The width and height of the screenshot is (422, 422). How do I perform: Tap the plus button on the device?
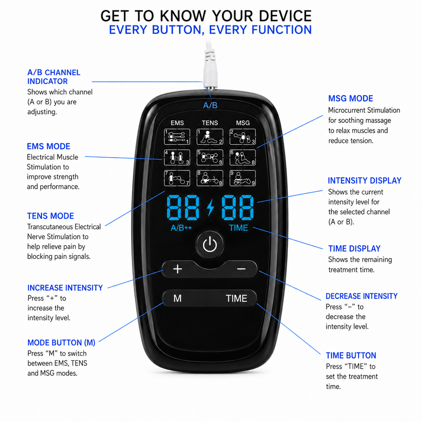(177, 269)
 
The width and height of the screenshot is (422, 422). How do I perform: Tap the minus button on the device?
(241, 269)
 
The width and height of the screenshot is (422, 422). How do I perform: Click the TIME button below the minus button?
(237, 298)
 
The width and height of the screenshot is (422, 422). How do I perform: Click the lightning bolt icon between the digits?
(210, 207)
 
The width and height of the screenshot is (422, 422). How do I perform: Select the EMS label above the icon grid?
(177, 123)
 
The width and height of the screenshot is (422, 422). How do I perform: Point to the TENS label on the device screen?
(210, 123)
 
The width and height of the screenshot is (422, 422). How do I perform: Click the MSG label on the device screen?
(243, 123)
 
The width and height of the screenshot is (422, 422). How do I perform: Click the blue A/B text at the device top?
(210, 105)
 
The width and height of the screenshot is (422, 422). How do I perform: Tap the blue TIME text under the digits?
(238, 228)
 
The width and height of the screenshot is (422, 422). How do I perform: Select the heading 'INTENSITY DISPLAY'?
(364, 181)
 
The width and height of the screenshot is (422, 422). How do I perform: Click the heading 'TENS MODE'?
(51, 216)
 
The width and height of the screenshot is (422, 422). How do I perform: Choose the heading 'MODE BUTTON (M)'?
(61, 343)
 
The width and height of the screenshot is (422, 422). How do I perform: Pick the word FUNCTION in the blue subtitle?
(282, 30)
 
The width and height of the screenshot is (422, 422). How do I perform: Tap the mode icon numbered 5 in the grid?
(210, 158)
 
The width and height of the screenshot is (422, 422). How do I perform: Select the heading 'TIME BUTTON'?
(351, 356)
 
